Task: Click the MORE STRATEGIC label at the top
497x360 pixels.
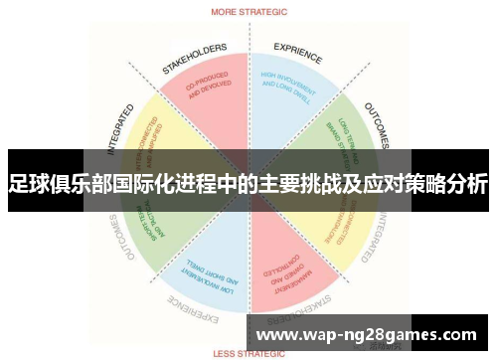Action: click(x=248, y=12)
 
